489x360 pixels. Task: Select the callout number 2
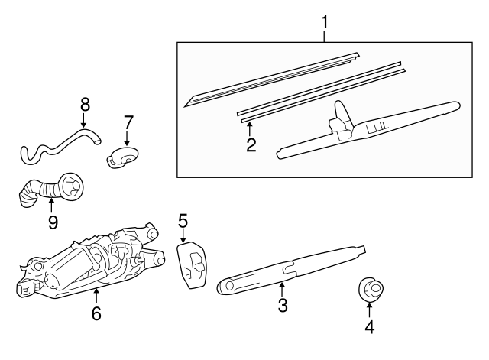[251, 144]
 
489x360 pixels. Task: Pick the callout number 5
[183, 221]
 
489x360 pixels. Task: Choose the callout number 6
[96, 314]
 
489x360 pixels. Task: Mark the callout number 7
[128, 122]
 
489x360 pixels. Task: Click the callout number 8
[84, 103]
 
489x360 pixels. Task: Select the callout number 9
[52, 222]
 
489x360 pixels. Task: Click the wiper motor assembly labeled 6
[88, 260]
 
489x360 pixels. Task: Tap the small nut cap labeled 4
[370, 290]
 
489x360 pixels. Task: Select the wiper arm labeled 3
[290, 268]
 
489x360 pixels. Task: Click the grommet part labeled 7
[121, 157]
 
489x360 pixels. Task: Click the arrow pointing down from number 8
[84, 120]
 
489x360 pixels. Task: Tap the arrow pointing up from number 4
[369, 310]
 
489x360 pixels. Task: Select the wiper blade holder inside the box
[367, 126]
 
